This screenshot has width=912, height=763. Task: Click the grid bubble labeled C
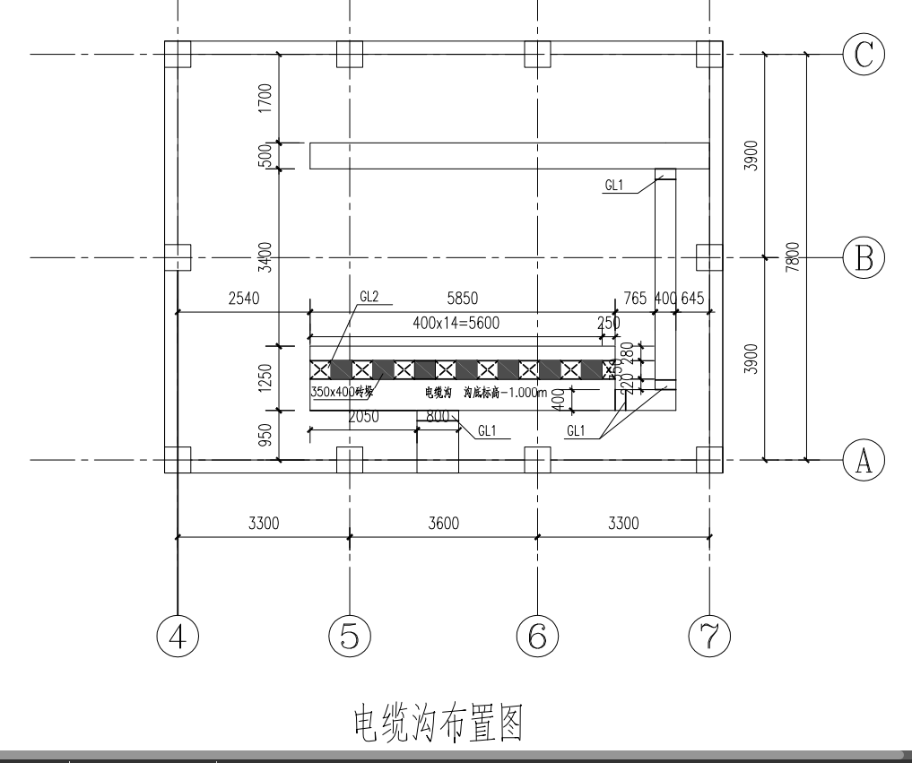click(x=864, y=55)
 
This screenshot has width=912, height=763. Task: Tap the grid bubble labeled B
click(x=864, y=257)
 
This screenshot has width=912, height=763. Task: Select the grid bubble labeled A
click(x=864, y=460)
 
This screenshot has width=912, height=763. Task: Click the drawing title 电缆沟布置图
click(x=437, y=723)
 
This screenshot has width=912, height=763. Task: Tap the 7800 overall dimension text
click(x=793, y=258)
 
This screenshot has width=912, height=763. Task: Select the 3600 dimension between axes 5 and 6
click(x=443, y=524)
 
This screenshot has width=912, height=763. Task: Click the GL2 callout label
click(x=370, y=296)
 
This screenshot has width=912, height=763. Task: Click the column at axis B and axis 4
click(x=178, y=257)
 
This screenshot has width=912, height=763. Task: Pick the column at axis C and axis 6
click(x=537, y=55)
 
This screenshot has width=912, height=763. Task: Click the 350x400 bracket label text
click(x=342, y=393)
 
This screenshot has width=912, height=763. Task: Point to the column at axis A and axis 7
click(x=709, y=460)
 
